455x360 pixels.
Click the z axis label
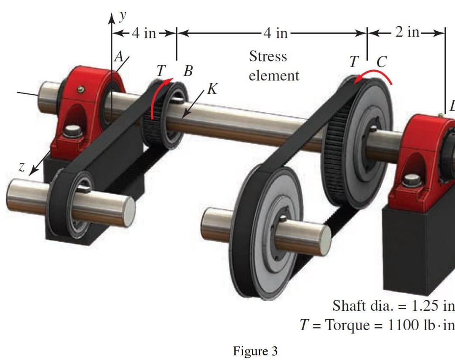coord(21,167)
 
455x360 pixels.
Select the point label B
coord(188,71)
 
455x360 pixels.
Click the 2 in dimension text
coord(407,32)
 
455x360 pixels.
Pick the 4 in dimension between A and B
coord(144,33)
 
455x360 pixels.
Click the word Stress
coord(268,56)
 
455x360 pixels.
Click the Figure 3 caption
coord(255,351)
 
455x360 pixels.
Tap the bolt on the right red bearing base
coord(409,181)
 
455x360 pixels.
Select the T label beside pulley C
coord(353,62)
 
